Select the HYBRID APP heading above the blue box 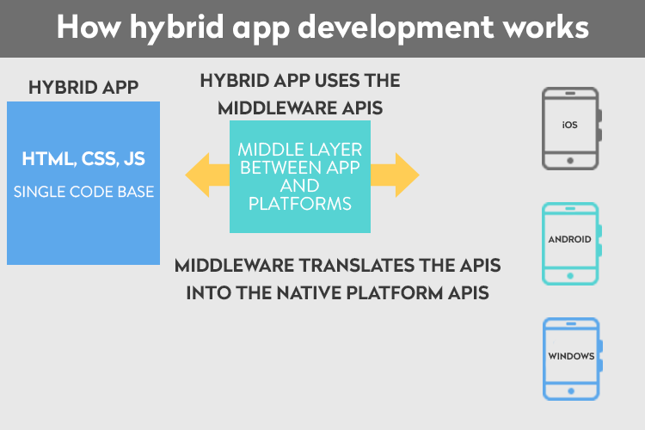83,87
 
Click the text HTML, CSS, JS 83,159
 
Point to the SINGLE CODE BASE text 84,192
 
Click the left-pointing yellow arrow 207,175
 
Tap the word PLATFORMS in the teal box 300,204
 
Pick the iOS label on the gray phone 569,125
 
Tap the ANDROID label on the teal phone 569,239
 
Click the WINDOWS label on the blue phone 571,356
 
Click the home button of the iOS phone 570,161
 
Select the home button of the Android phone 570,276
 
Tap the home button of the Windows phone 571,391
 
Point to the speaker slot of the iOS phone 570,94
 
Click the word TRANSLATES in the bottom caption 357,266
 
